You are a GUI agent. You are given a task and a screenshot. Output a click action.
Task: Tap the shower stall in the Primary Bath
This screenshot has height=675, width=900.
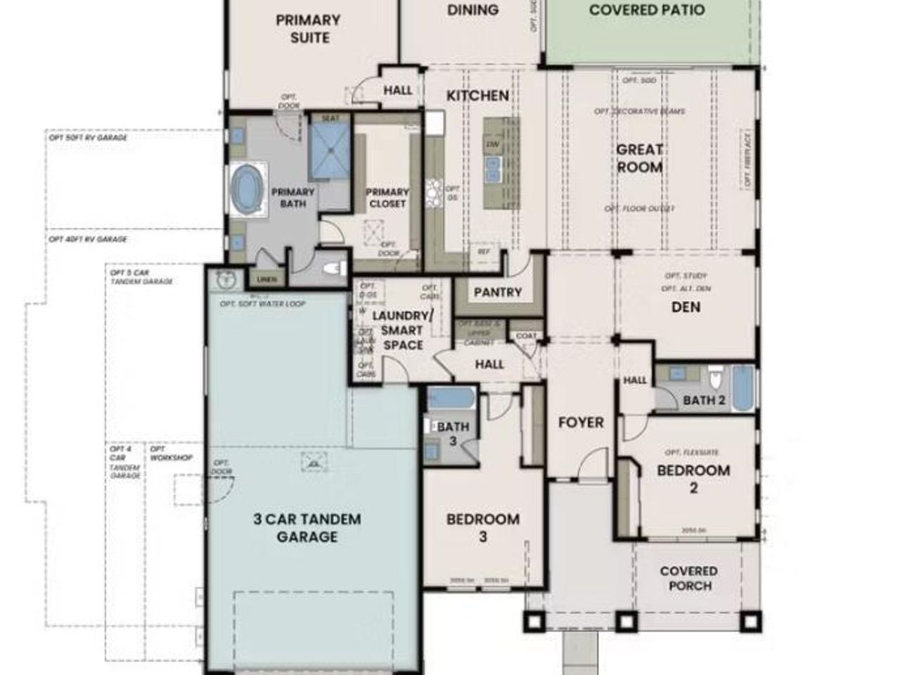[x=330, y=146]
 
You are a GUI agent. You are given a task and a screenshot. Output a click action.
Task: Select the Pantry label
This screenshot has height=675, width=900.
[x=498, y=292]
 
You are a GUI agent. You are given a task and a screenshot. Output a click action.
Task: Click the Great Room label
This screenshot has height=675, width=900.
[x=639, y=158]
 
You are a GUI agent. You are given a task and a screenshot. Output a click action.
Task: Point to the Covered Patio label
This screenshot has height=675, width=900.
[x=647, y=11]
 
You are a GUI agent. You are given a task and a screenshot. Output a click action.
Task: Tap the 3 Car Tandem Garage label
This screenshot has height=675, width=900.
[x=307, y=528]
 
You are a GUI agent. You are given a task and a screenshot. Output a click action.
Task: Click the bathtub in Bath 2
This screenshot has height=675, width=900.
[x=742, y=387]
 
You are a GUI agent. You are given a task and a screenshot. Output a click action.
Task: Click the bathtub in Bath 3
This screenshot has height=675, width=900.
[x=451, y=399]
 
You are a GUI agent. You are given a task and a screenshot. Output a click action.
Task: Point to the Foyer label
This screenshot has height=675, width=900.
[x=581, y=423]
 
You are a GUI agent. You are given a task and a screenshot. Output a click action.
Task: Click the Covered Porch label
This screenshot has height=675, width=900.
[x=689, y=578]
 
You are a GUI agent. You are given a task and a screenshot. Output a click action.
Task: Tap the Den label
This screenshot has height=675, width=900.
[x=686, y=307]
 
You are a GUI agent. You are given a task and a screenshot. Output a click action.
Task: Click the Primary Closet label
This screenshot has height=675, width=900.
[x=387, y=198]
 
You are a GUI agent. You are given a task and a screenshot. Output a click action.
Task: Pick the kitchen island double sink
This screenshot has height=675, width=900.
[x=494, y=167]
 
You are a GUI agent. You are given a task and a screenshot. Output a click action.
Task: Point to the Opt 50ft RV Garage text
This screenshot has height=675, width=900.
[x=83, y=137]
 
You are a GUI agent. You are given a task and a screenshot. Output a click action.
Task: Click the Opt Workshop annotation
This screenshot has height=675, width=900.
[x=171, y=454]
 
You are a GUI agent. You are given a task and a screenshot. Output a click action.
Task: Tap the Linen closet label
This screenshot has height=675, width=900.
[x=267, y=280]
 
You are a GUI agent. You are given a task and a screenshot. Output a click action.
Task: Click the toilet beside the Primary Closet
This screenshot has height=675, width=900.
[x=335, y=268]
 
